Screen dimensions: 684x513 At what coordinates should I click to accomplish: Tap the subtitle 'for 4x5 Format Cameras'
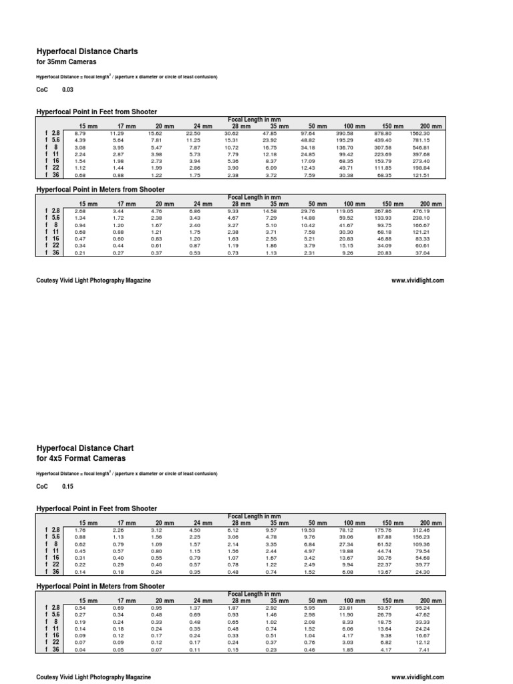pyautogui.click(x=80, y=459)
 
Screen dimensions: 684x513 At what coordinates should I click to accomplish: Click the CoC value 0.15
pyautogui.click(x=67, y=486)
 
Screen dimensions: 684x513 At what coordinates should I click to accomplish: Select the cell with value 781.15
pyautogui.click(x=422, y=140)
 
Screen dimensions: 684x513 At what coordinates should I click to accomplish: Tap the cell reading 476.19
pyautogui.click(x=422, y=210)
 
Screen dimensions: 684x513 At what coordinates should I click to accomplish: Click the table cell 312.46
pyautogui.click(x=422, y=531)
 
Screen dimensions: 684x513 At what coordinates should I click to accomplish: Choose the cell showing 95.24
pyautogui.click(x=422, y=609)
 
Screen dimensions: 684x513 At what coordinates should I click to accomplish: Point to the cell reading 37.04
pyautogui.click(x=422, y=252)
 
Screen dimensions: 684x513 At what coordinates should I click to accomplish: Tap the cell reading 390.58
pyautogui.click(x=345, y=134)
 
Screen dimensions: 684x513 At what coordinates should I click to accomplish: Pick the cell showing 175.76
pyautogui.click(x=384, y=531)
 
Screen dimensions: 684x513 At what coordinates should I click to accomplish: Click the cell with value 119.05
pyautogui.click(x=345, y=210)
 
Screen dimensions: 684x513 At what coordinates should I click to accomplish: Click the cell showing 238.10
pyautogui.click(x=422, y=217)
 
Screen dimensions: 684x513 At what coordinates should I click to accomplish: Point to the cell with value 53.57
pyautogui.click(x=384, y=609)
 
